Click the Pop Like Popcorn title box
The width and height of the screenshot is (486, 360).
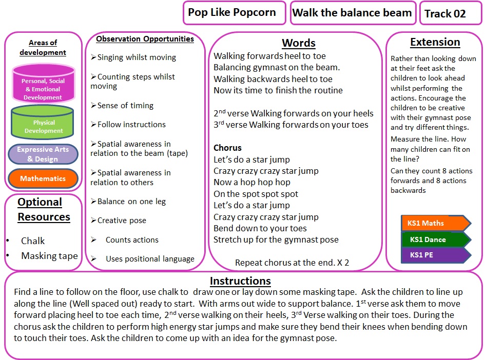click(x=232, y=13)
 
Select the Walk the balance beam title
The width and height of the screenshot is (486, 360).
click(x=352, y=13)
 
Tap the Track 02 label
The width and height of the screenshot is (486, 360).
click(x=445, y=14)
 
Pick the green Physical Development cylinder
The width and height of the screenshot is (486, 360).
click(x=43, y=122)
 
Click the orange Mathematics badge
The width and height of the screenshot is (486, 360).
click(x=43, y=179)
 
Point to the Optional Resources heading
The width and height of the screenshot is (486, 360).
click(x=44, y=209)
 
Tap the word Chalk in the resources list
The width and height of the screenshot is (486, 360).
click(x=33, y=241)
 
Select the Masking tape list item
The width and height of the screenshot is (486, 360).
click(x=49, y=256)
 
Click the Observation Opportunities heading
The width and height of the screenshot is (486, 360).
click(x=145, y=39)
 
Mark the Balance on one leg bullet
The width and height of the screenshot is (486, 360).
click(x=131, y=202)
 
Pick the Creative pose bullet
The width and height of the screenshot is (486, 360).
click(x=122, y=221)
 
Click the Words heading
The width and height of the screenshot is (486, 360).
click(x=299, y=43)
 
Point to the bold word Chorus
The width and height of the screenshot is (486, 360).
click(x=227, y=148)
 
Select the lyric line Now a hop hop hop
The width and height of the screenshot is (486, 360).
click(x=252, y=182)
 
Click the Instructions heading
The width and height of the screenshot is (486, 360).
click(x=240, y=281)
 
